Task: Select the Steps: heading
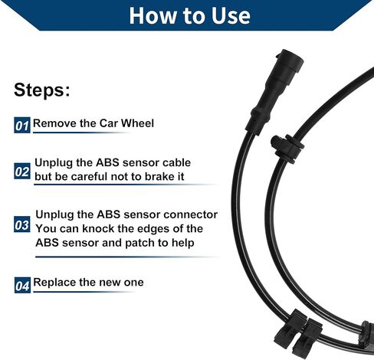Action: click(42, 90)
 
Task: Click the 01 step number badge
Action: click(22, 126)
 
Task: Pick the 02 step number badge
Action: click(22, 171)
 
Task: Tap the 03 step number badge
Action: click(22, 224)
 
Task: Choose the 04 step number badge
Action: click(22, 285)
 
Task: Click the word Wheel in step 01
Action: click(137, 123)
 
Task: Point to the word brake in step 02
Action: click(156, 176)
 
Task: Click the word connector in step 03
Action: click(191, 214)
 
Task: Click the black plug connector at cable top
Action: click(274, 90)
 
